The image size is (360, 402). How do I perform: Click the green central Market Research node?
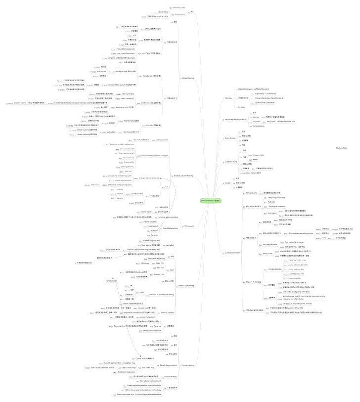click(210, 201)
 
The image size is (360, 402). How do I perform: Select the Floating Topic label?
click(342, 148)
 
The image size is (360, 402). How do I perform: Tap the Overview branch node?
click(228, 98)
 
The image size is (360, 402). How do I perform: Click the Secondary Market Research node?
click(236, 119)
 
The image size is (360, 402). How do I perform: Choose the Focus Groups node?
click(230, 138)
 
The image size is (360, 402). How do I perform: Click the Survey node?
click(227, 182)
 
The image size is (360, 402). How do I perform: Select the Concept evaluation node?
click(232, 252)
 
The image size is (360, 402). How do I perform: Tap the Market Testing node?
click(188, 78)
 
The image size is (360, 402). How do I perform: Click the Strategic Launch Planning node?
click(183, 176)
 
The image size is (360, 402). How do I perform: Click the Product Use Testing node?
click(186, 285)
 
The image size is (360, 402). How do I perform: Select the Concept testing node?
click(188, 365)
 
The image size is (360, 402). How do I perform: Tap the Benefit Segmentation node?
click(169, 365)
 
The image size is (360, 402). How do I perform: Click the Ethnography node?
click(180, 14)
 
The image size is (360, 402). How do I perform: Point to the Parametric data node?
click(179, 8)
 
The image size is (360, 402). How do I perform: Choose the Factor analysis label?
click(111, 280)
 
